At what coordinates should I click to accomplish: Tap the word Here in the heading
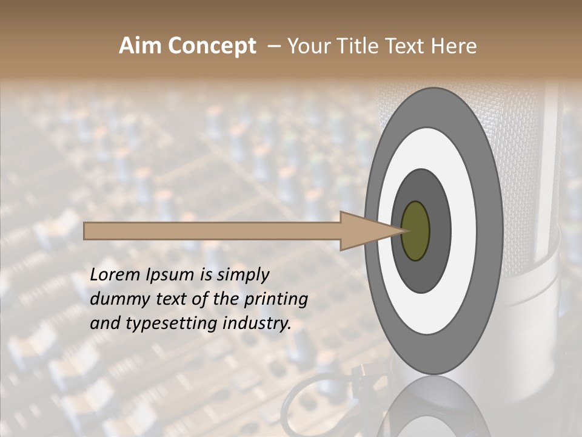point(454,46)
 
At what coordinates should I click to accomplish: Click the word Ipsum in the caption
point(170,275)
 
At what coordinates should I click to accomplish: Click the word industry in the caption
point(257,324)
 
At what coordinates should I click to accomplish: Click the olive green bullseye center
point(416,231)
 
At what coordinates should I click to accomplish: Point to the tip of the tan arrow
point(403,231)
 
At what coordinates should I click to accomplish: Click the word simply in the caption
point(242,275)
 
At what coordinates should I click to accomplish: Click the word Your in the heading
point(307,46)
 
